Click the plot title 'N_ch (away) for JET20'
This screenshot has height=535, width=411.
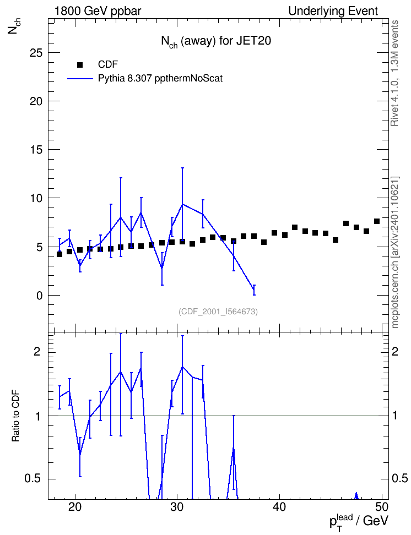click(216, 41)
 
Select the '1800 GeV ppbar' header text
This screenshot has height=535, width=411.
click(98, 11)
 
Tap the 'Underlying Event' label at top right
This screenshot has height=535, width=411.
click(333, 11)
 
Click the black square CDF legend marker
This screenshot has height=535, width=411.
click(80, 64)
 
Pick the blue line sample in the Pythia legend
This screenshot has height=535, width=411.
click(80, 79)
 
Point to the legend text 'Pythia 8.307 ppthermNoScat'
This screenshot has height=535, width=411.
click(160, 79)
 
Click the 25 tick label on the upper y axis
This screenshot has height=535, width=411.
click(35, 53)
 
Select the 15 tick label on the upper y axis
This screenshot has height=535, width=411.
click(35, 150)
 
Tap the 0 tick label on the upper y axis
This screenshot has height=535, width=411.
click(39, 296)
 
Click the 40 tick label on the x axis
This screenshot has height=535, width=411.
click(279, 507)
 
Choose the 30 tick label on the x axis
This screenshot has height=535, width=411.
click(177, 507)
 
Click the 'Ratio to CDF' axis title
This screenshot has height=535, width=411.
click(16, 416)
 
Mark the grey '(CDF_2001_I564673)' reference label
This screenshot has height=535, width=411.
click(218, 312)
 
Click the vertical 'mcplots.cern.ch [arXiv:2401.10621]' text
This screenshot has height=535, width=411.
click(395, 253)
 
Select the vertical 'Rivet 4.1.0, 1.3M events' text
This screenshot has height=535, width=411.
click(394, 73)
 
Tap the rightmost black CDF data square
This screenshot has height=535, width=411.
click(376, 221)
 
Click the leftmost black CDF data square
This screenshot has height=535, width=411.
click(60, 254)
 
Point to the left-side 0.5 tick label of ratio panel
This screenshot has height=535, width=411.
click(33, 479)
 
